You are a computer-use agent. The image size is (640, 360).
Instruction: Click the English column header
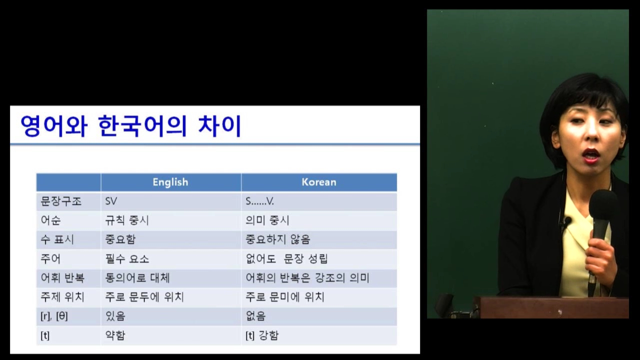(170, 182)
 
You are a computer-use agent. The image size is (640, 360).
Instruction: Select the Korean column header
(319, 182)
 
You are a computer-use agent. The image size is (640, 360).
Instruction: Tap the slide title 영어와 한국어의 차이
(131, 126)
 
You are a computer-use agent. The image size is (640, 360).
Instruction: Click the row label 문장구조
(61, 201)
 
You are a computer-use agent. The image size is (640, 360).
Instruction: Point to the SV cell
(111, 201)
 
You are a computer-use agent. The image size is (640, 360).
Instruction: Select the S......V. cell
(259, 201)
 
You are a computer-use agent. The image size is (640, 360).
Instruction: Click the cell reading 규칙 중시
(127, 220)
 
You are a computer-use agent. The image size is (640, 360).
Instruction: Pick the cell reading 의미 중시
(267, 220)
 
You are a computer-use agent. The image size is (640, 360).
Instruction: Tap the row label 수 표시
(57, 239)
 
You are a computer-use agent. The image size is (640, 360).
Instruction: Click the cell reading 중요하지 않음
(277, 239)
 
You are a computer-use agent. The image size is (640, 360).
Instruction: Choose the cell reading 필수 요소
(127, 259)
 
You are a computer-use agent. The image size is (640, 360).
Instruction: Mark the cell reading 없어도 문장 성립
(286, 259)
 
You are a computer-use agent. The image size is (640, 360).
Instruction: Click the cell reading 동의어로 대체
(137, 278)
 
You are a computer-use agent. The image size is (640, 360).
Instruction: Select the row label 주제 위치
(62, 297)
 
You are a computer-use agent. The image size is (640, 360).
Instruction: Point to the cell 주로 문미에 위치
(285, 297)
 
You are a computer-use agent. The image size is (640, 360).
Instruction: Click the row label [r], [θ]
(54, 316)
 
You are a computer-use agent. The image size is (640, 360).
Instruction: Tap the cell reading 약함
(115, 335)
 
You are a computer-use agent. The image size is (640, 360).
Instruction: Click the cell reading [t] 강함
(262, 335)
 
